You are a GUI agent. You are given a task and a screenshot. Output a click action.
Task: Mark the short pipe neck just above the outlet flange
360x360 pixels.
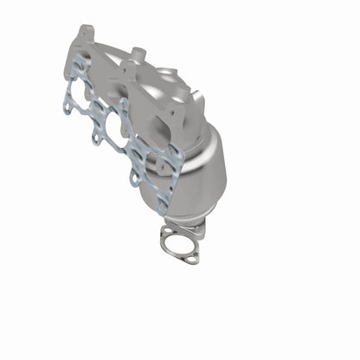click(197, 227)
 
